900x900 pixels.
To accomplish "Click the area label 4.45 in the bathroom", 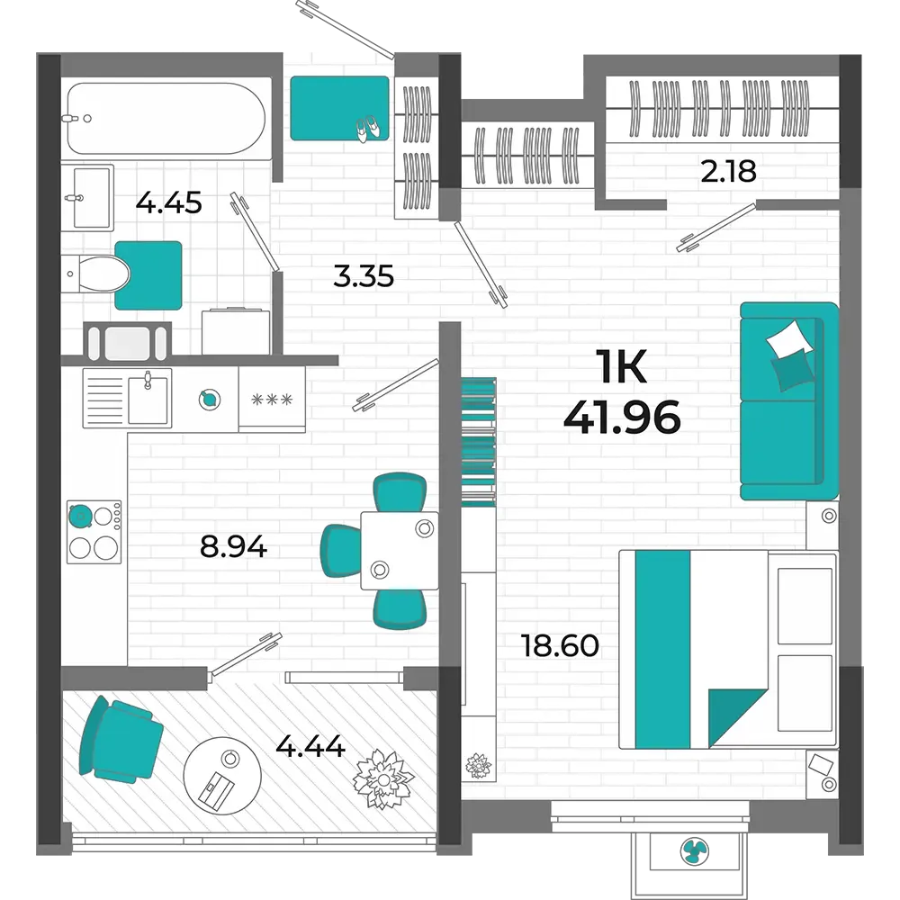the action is tap(169, 203).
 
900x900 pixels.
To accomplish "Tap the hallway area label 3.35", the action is tap(364, 276).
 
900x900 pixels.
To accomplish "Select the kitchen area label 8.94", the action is tap(233, 546).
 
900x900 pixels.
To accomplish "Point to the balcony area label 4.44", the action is tap(310, 746).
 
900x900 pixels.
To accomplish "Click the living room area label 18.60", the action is tap(560, 645).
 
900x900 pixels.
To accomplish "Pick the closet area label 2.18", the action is tap(728, 171).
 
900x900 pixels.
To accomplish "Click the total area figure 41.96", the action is tap(622, 418).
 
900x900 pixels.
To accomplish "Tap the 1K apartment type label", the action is tap(622, 367).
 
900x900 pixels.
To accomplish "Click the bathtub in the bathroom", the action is tap(166, 118).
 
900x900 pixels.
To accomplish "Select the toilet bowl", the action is tap(97, 274).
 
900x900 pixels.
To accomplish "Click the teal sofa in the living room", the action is tap(789, 401).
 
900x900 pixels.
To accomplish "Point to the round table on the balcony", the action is tap(222, 776).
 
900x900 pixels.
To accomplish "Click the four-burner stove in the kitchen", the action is tap(94, 532).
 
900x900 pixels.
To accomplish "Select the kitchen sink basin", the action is tap(148, 400).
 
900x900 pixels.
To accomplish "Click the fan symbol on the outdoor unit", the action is tap(695, 850).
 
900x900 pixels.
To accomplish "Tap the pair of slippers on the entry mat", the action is tap(368, 129).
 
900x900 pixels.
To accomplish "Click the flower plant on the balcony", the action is tap(382, 778).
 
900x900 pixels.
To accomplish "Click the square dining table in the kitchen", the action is tap(400, 551).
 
